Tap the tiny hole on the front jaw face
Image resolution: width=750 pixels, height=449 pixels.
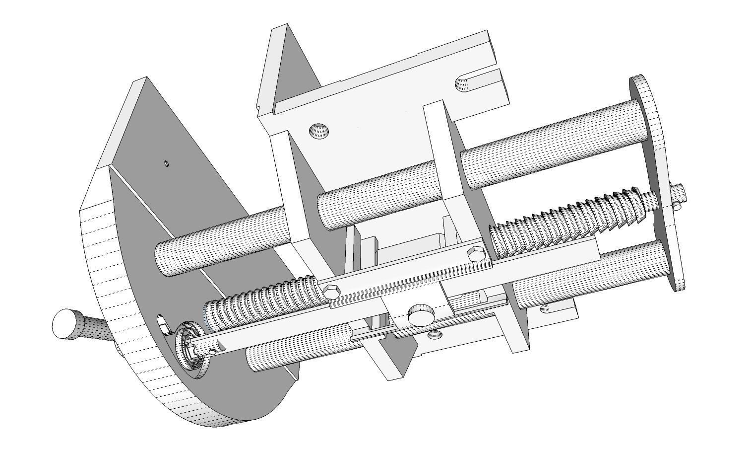[x=167, y=163]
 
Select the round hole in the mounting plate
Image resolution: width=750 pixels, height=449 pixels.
[x=319, y=132]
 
